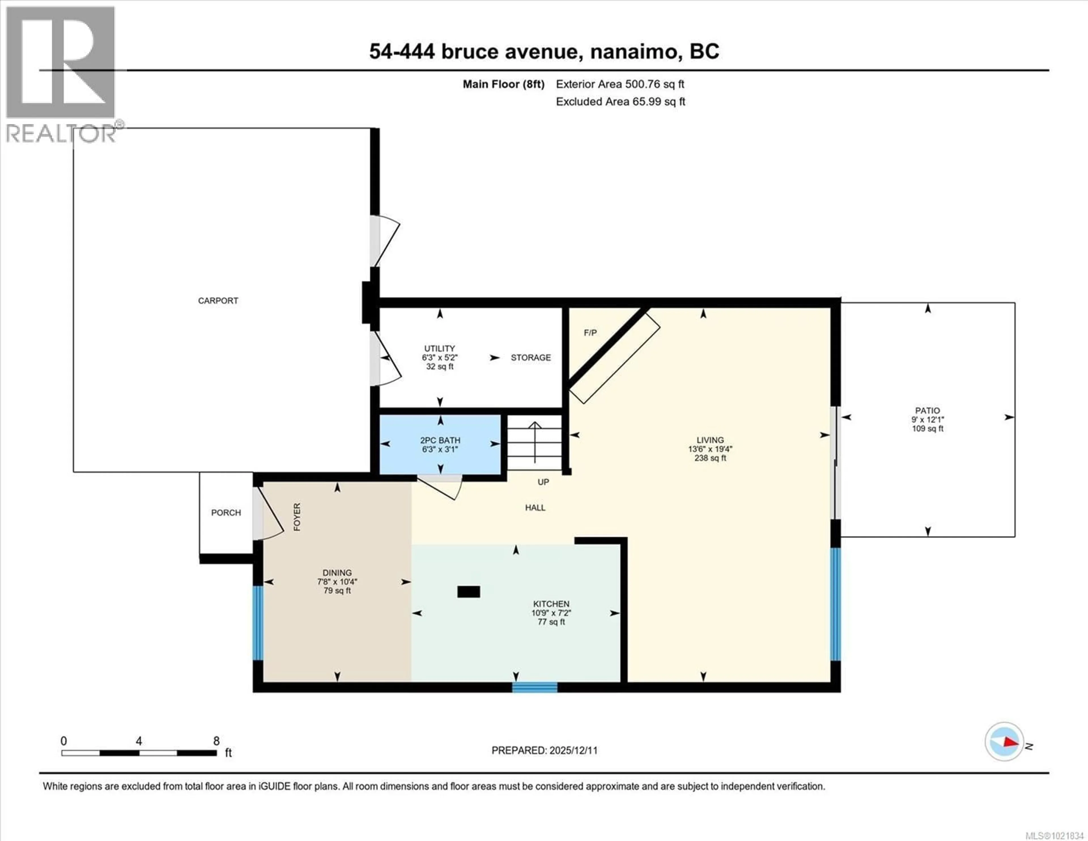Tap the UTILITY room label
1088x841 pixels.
[439, 348]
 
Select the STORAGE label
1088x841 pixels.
[531, 357]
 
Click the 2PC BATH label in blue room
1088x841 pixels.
[440, 440]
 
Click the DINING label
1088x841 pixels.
[337, 573]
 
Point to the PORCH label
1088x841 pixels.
[226, 512]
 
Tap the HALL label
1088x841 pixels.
[535, 507]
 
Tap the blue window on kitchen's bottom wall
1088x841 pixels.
[535, 687]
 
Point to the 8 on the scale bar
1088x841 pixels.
[216, 741]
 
